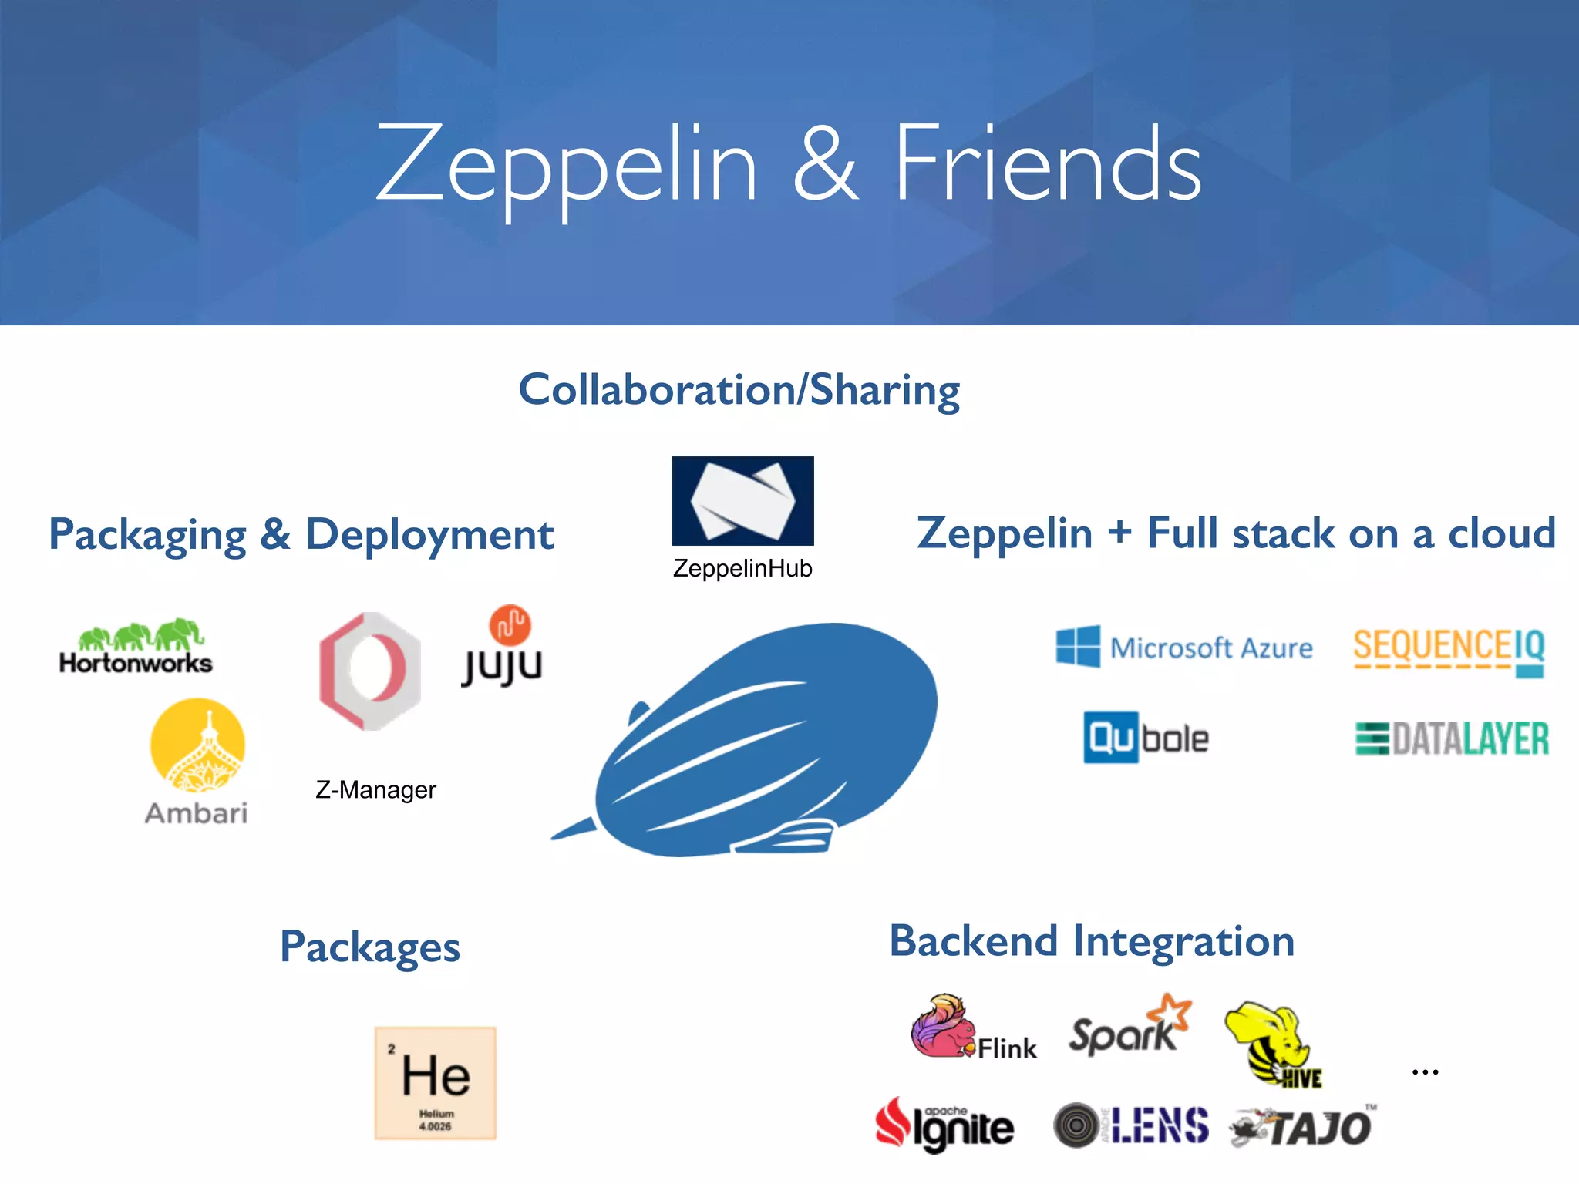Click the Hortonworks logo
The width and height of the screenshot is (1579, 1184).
coord(136,647)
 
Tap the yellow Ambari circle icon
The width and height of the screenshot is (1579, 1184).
coord(197,745)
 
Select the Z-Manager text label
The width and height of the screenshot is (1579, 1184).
coord(375,790)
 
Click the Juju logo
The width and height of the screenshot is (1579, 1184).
coord(503,647)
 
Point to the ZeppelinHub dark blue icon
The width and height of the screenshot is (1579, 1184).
coord(742,501)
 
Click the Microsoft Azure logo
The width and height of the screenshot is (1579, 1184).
coord(1184,647)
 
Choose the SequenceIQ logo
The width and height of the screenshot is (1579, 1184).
coord(1449,651)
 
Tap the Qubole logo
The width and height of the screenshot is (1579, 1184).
coord(1146,738)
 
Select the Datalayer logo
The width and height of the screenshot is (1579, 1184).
coord(1453,738)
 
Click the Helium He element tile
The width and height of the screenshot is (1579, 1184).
coord(436,1083)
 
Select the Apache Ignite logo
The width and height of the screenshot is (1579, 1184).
coord(944,1125)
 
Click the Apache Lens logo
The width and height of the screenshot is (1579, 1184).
coord(1131,1125)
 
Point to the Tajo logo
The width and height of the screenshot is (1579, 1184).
coord(1301,1128)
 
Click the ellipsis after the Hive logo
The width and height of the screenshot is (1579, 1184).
coord(1425,1072)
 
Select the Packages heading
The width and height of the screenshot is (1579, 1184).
coord(370,947)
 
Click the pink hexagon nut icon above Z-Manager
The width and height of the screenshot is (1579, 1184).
coord(370,671)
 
